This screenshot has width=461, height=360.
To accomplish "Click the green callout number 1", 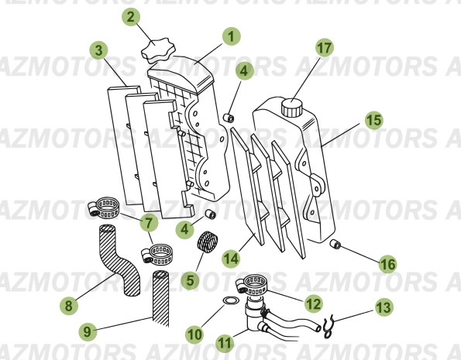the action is click(x=232, y=36).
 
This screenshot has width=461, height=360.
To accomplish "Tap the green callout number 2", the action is click(x=131, y=17).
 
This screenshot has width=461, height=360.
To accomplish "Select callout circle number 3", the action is click(x=98, y=50).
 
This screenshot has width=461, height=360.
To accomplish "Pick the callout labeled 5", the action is click(x=191, y=280).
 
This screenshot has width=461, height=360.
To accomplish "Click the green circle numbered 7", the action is click(x=149, y=222).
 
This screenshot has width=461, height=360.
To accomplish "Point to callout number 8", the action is click(x=69, y=306).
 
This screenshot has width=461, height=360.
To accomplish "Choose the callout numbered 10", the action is click(x=194, y=334).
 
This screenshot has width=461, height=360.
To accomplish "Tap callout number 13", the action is click(x=384, y=307).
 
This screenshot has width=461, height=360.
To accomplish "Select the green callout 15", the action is click(x=374, y=120).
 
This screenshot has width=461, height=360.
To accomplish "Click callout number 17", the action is click(x=325, y=47).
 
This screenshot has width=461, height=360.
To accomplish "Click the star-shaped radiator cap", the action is click(x=158, y=50).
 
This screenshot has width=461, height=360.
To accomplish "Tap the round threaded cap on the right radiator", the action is click(x=291, y=108).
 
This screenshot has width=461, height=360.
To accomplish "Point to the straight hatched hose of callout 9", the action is click(x=161, y=298).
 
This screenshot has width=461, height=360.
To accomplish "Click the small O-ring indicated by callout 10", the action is click(x=230, y=300).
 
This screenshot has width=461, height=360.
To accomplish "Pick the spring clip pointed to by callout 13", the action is click(x=328, y=326).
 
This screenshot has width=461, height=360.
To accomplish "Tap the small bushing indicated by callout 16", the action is click(x=335, y=244).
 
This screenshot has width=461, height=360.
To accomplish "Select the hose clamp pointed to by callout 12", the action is click(x=252, y=284).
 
